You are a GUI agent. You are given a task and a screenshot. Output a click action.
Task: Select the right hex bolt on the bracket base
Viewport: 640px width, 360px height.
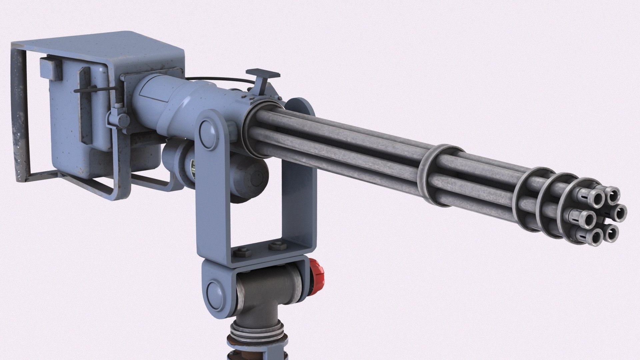click(x=277, y=246)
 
